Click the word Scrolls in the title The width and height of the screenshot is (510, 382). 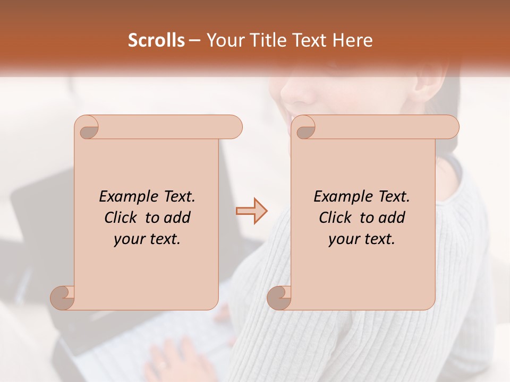(156, 40)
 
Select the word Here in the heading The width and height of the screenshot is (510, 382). (352, 40)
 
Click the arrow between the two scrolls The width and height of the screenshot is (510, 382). (252, 211)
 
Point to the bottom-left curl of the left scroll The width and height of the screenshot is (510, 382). (63, 298)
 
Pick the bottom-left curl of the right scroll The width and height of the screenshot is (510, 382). (279, 298)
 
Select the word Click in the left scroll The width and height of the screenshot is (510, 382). (122, 218)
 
